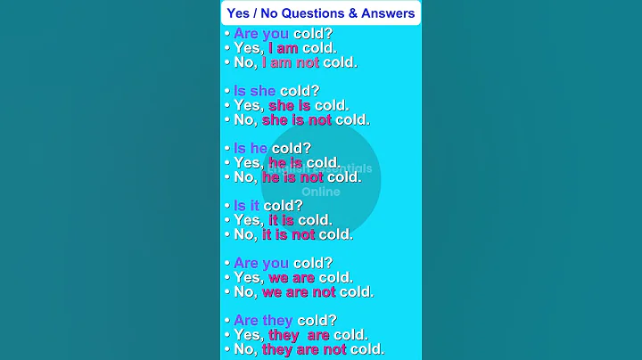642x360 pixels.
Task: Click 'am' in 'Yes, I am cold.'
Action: click(x=287, y=48)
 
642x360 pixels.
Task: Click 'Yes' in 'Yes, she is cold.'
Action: click(x=248, y=105)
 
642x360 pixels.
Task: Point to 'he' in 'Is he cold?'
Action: click(x=259, y=148)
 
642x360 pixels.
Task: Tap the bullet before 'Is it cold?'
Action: click(x=226, y=206)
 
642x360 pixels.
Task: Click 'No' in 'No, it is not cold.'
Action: click(x=244, y=234)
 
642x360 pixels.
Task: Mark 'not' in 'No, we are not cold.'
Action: click(x=324, y=291)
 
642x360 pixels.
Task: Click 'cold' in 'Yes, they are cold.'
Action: click(x=350, y=335)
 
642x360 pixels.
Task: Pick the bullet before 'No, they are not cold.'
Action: click(x=226, y=349)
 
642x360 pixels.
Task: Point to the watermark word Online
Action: click(x=321, y=192)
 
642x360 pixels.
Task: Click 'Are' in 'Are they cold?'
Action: click(x=247, y=320)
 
